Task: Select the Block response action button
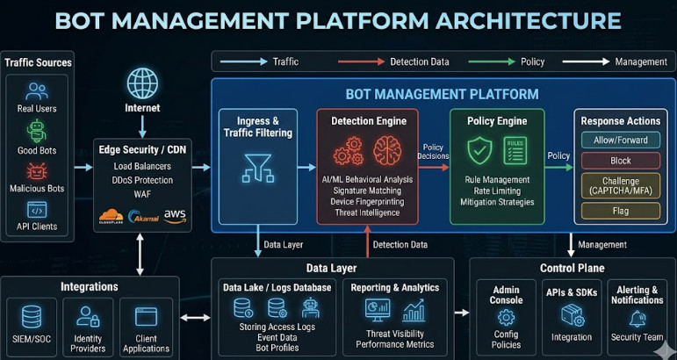pos(621,161)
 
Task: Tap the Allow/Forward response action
pos(621,140)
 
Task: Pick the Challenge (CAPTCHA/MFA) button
pos(621,185)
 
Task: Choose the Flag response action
pos(621,211)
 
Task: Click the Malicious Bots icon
pos(37,171)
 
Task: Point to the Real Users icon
pos(37,91)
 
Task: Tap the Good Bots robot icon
pos(37,131)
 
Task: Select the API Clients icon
pos(37,210)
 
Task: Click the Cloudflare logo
pos(111,216)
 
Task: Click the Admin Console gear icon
pos(506,318)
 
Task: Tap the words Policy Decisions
pos(434,152)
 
